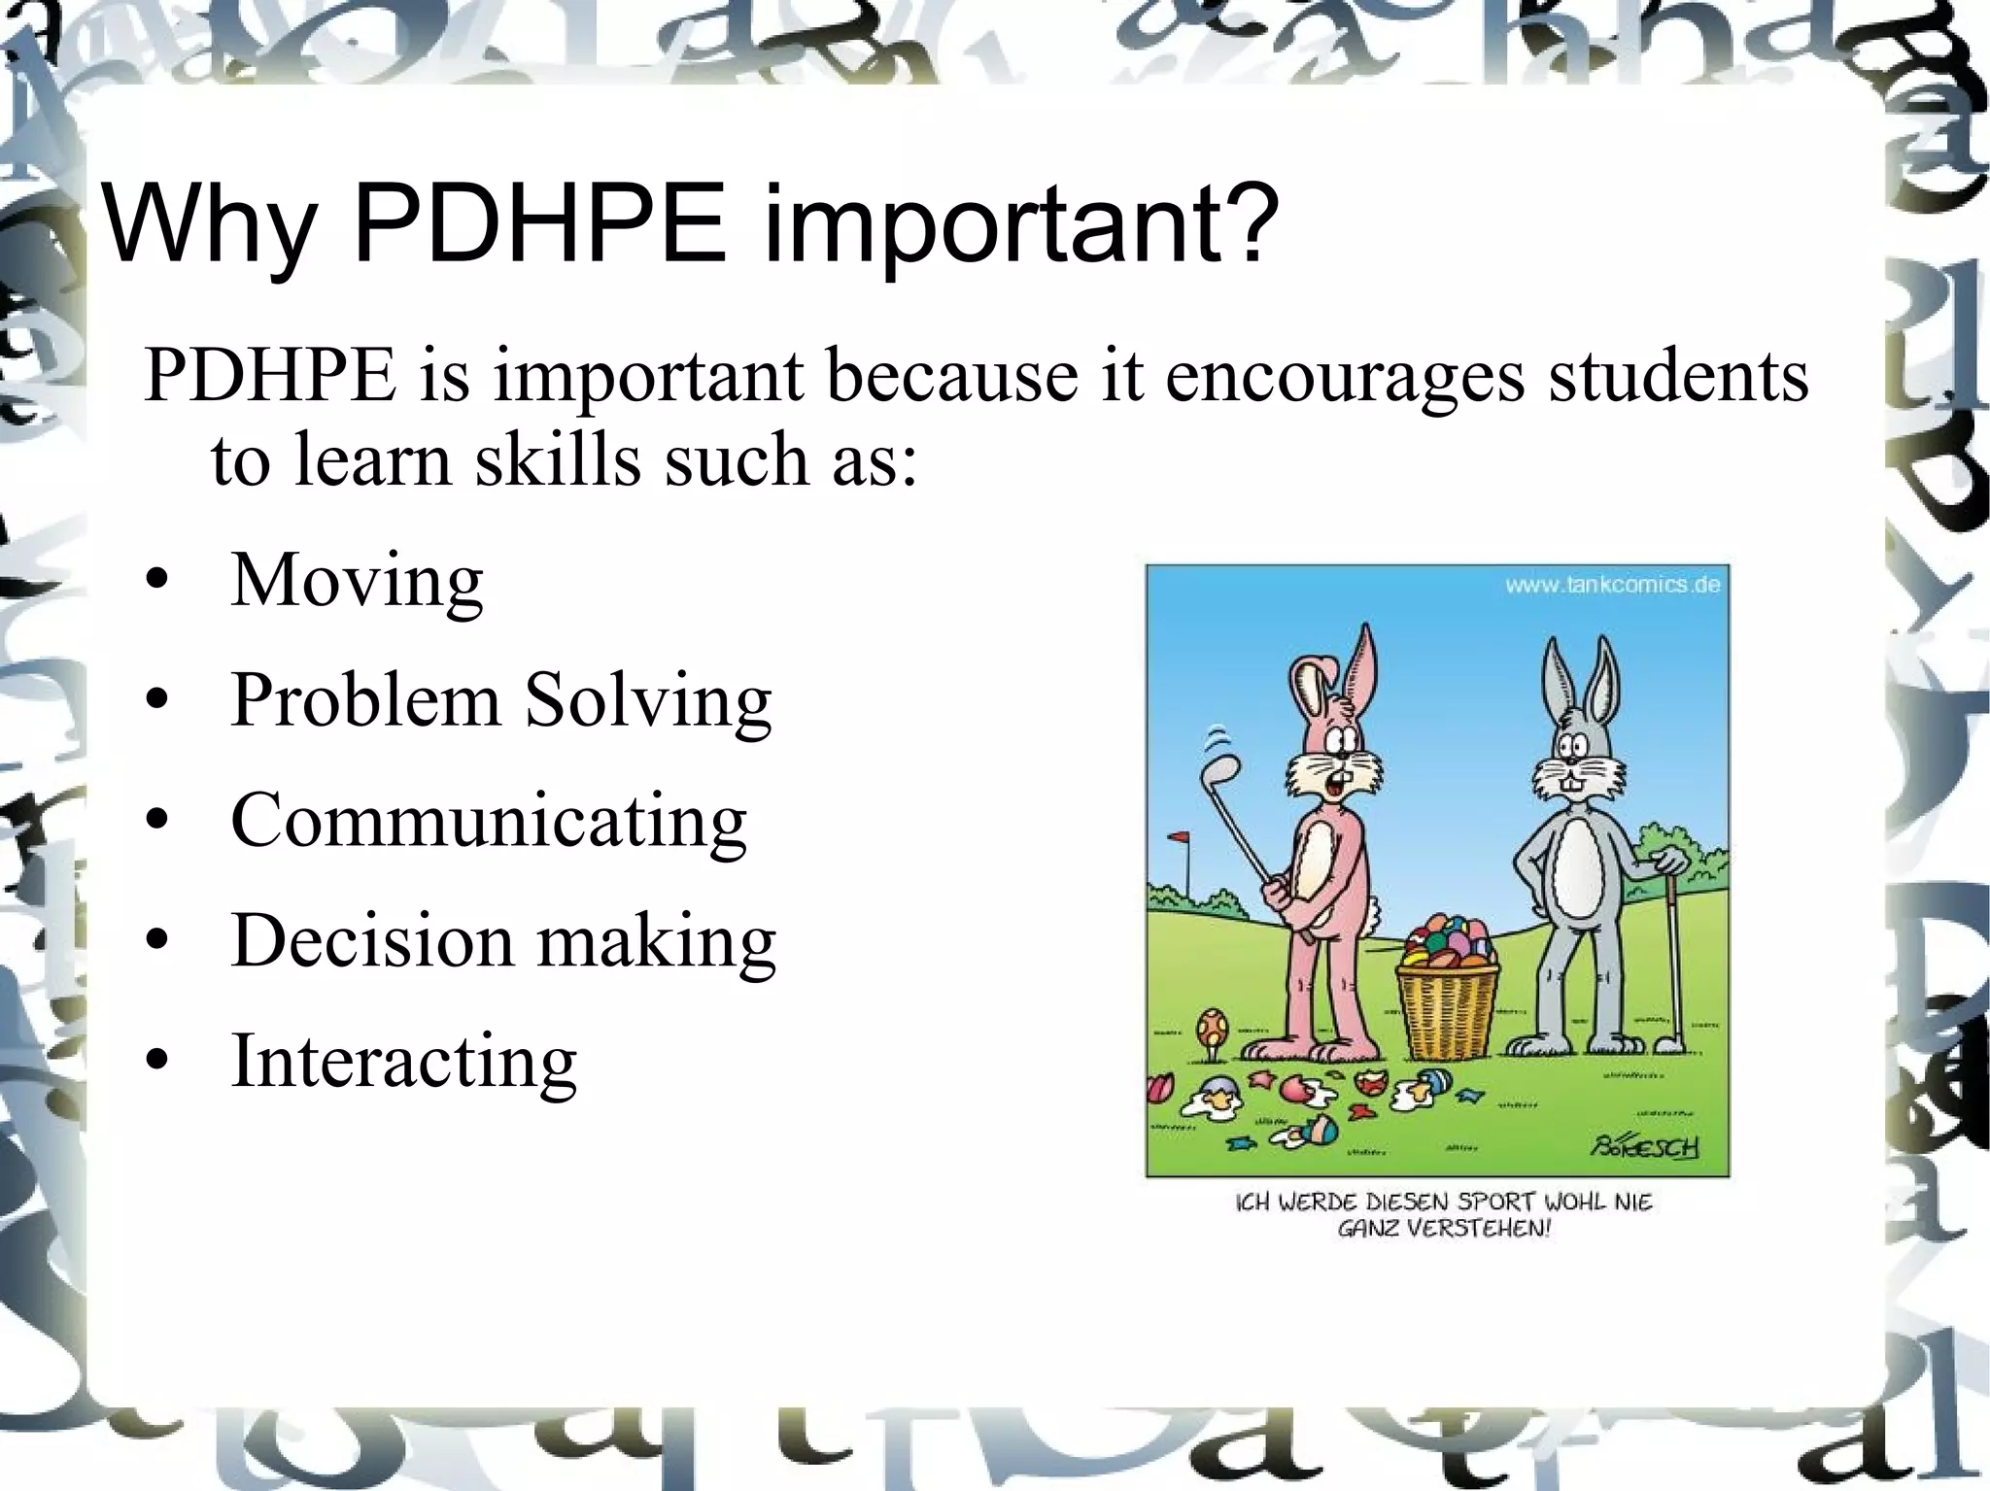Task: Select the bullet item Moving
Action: [357, 581]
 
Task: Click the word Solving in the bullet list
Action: [648, 701]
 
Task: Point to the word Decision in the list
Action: [372, 940]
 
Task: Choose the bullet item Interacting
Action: [403, 1061]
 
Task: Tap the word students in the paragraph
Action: [1677, 375]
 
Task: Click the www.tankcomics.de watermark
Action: [1612, 585]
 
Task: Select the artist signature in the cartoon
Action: [1644, 1146]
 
